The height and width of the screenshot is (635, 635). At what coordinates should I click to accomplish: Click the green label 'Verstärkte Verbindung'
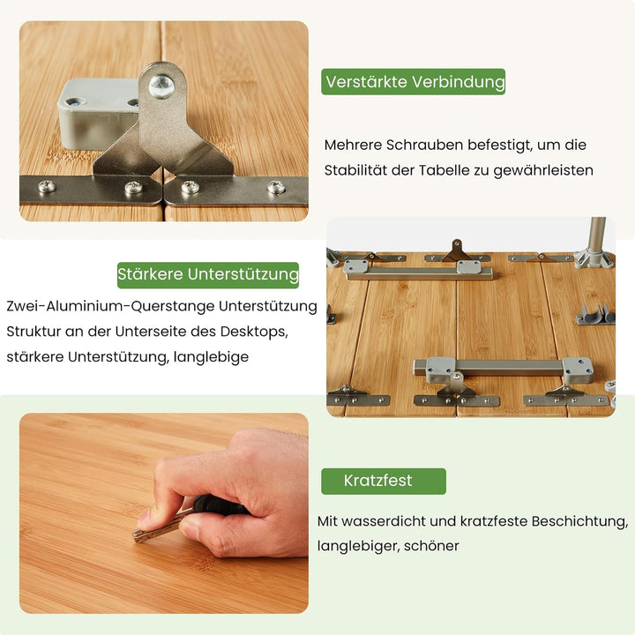coord(414,82)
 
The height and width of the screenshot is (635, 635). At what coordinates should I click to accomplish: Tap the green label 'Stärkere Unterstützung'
coord(208,274)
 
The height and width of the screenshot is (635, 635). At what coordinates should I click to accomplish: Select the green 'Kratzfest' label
coord(383,481)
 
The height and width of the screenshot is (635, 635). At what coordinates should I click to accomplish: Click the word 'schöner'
coord(431,546)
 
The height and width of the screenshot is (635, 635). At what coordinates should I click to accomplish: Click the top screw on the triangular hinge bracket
coord(161,86)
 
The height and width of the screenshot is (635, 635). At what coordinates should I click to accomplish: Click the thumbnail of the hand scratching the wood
coord(164,512)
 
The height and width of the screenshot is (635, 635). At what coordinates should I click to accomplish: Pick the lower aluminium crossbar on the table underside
coord(498,366)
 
